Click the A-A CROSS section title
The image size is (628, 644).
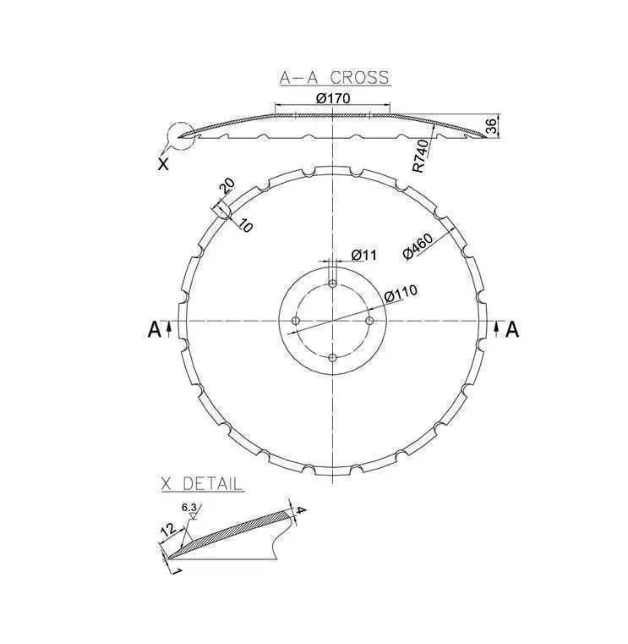pyautogui.click(x=335, y=78)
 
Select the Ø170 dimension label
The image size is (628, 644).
pyautogui.click(x=334, y=98)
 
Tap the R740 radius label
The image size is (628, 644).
pyautogui.click(x=421, y=156)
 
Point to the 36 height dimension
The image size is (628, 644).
pyautogui.click(x=492, y=126)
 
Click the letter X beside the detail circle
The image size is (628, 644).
pyautogui.click(x=163, y=164)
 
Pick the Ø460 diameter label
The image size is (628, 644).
pyautogui.click(x=418, y=246)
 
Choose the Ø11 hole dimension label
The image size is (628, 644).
pyautogui.click(x=363, y=255)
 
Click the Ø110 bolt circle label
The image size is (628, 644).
pyautogui.click(x=401, y=293)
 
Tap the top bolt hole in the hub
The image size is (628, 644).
pyautogui.click(x=333, y=283)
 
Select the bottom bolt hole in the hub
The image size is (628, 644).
pyautogui.click(x=333, y=358)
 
